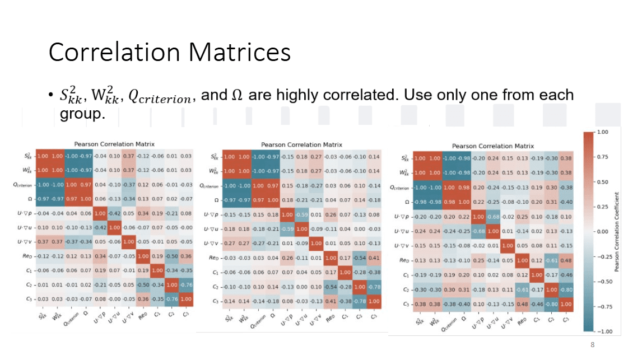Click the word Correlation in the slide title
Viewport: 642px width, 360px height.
[x=114, y=52]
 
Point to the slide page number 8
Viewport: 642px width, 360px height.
[x=592, y=345]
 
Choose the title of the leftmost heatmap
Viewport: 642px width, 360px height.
[x=114, y=144]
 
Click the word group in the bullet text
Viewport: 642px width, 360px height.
[x=82, y=114]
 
